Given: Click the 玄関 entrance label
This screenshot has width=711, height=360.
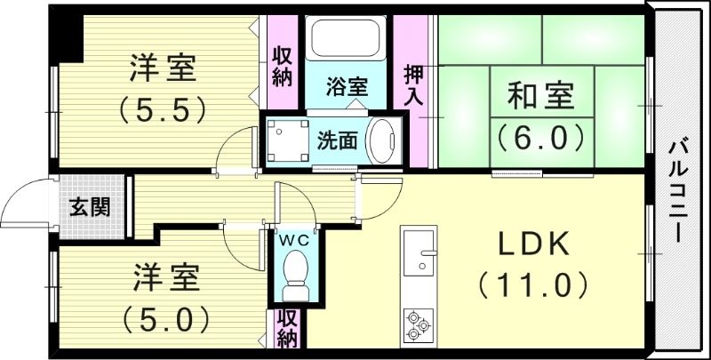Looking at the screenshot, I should coord(90,208).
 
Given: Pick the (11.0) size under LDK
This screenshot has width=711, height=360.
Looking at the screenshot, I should coord(533,286).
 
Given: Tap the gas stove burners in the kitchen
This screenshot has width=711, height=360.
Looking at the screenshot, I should coord(418,324).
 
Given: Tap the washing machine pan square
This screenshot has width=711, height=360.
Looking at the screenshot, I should coord(285,140).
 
